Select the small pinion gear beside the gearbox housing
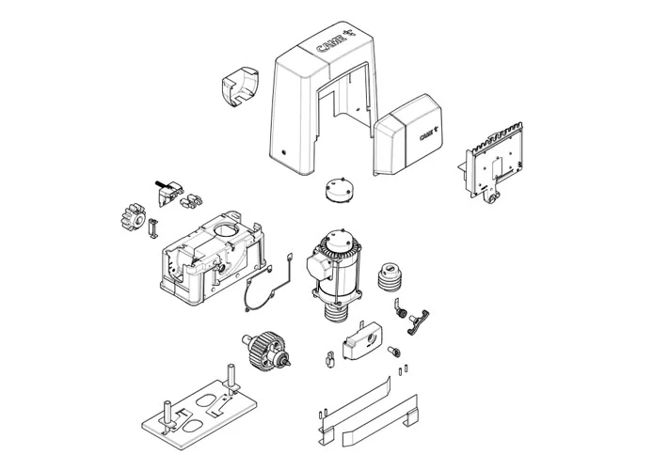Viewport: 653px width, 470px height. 133,217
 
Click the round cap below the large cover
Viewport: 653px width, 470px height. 338,190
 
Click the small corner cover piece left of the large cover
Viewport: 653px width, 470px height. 239,86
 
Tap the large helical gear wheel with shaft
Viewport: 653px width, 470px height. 266,348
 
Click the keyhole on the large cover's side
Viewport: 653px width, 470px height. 284,152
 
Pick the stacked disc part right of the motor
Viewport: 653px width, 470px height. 390,276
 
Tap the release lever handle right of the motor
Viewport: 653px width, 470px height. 418,321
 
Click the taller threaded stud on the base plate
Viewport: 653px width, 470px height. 231,376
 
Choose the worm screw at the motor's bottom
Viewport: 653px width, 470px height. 337,312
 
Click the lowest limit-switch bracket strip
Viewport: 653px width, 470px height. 378,422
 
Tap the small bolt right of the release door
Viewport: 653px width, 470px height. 394,352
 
